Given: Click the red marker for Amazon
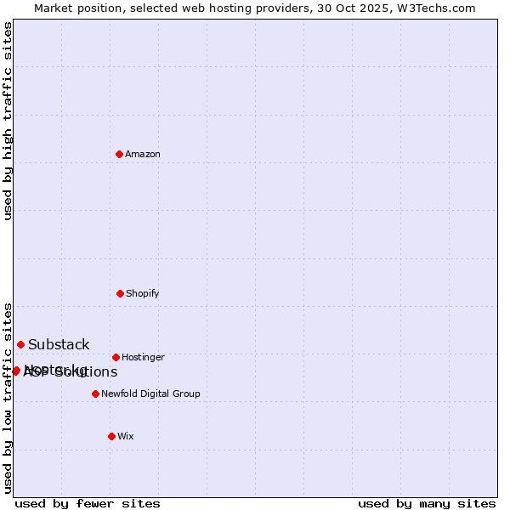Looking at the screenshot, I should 119,154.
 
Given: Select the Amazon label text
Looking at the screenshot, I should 143,155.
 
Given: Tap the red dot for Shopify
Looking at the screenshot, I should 120,293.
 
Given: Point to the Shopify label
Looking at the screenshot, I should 143,294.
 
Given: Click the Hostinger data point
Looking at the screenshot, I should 116,357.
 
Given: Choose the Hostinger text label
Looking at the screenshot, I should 143,358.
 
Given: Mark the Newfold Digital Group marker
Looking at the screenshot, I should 95,394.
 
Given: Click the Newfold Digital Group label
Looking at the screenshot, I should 150,394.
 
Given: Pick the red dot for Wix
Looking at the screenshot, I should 111,436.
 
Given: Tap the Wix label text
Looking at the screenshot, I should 126,437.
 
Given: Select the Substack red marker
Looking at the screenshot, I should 20,344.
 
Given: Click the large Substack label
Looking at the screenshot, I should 59,345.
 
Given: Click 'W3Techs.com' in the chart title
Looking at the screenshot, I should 438,8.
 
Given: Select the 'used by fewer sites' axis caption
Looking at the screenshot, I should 88,503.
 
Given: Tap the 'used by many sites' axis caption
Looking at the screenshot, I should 427,503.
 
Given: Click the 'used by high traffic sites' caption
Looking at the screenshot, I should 8,121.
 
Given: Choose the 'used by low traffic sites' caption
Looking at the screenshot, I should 8,398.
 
